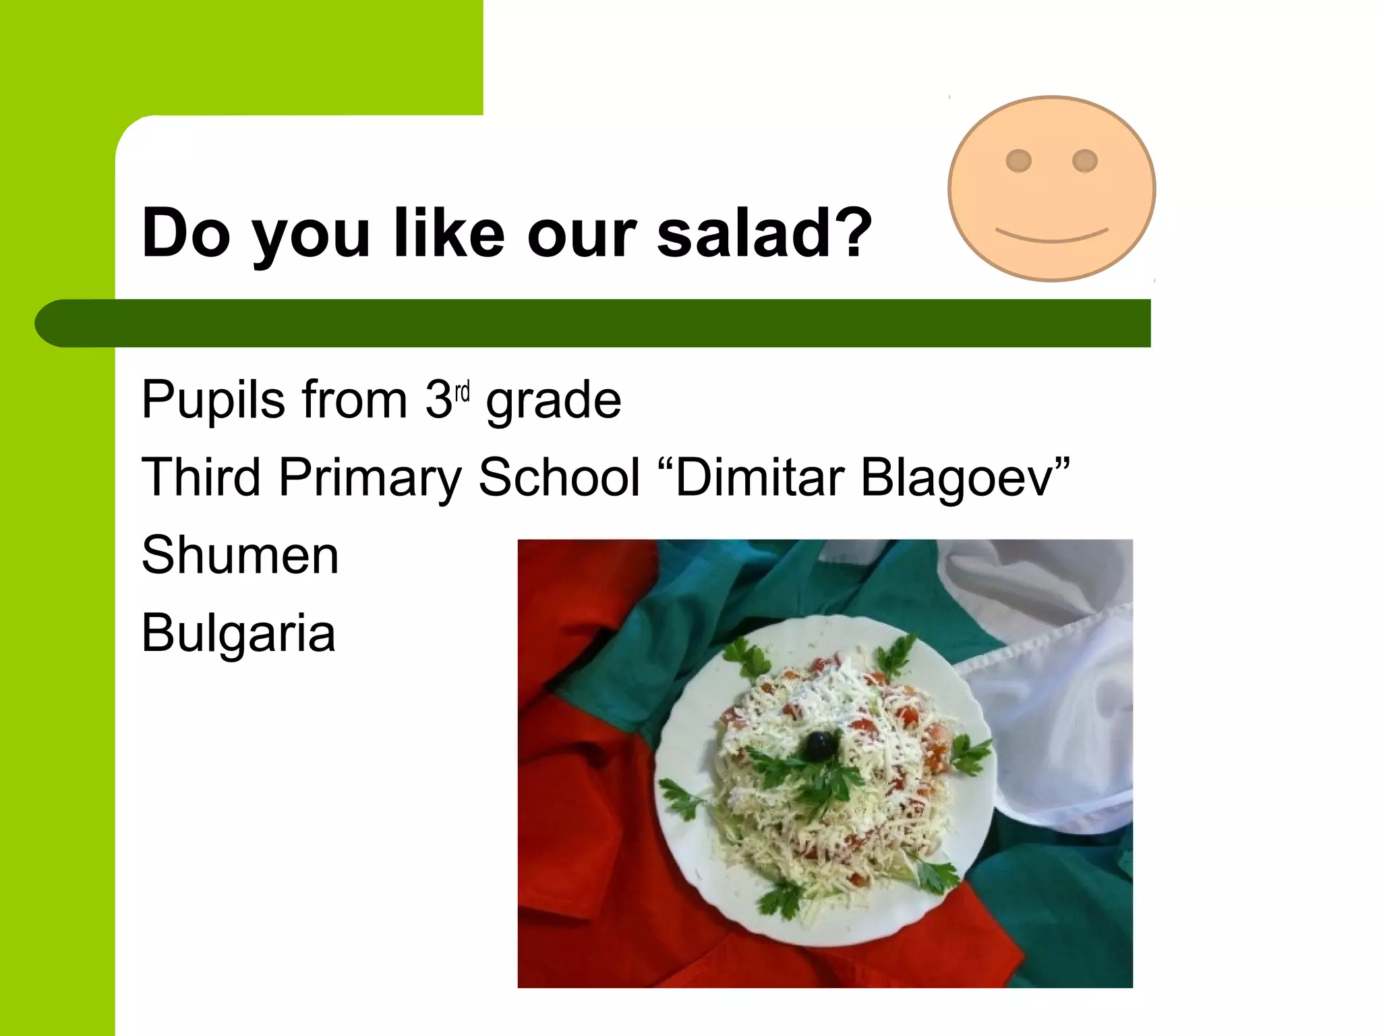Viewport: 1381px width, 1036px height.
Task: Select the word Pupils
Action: click(x=213, y=401)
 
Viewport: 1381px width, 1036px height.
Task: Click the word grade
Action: click(x=553, y=401)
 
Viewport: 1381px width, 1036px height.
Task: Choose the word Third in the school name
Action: click(x=201, y=478)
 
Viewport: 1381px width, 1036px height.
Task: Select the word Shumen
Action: click(x=240, y=555)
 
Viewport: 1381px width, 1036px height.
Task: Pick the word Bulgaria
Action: click(x=238, y=633)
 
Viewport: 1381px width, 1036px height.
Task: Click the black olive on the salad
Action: click(x=819, y=745)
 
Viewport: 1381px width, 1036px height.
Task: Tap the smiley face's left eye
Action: click(x=1018, y=161)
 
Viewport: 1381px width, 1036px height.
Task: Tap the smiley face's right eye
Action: click(x=1084, y=161)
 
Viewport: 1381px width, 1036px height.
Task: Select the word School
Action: click(x=559, y=478)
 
